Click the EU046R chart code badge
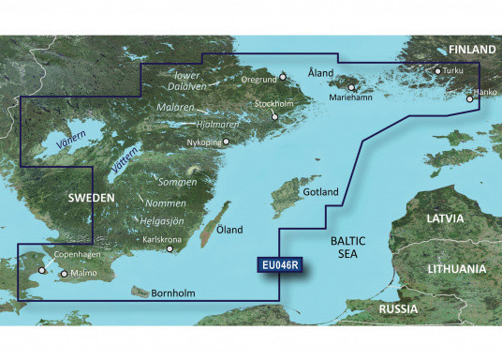(281, 267)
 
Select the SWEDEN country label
(91, 199)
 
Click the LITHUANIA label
(456, 268)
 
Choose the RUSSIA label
(398, 308)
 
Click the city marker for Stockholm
(273, 116)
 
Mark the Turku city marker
(436, 70)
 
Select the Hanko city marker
(470, 95)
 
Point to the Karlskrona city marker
(170, 249)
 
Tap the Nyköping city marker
(225, 143)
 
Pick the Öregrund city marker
(283, 77)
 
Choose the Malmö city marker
(64, 274)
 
